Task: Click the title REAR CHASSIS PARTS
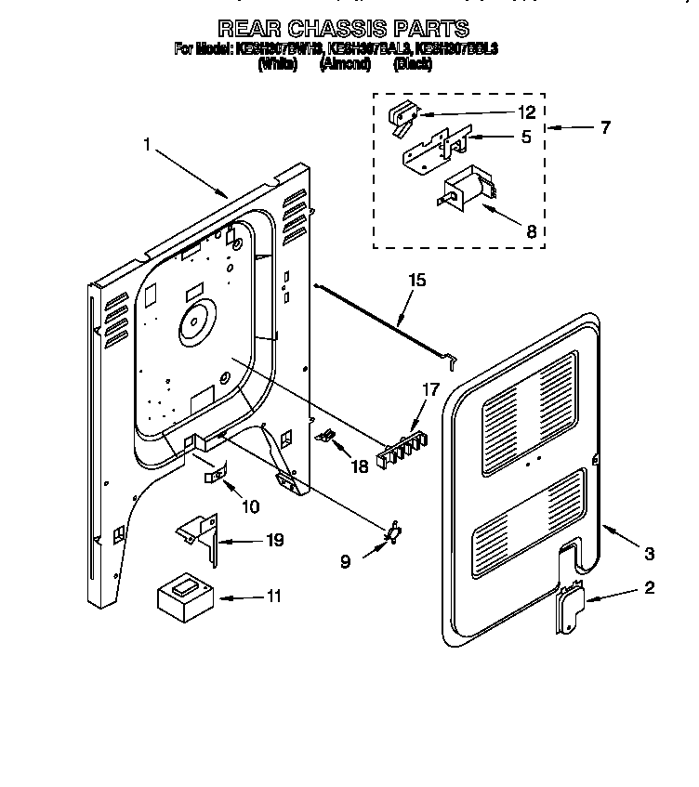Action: click(x=343, y=29)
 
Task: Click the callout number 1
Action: click(x=148, y=144)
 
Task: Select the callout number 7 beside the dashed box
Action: click(x=605, y=128)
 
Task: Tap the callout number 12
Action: click(x=526, y=112)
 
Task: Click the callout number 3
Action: click(x=649, y=555)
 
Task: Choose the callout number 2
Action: click(x=649, y=587)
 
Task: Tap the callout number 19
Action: click(x=273, y=540)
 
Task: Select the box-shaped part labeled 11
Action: click(x=182, y=594)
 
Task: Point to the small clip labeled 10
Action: click(x=215, y=475)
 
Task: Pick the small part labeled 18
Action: click(x=327, y=435)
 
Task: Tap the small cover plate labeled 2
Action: click(x=568, y=609)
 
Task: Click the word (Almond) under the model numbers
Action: click(x=345, y=64)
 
